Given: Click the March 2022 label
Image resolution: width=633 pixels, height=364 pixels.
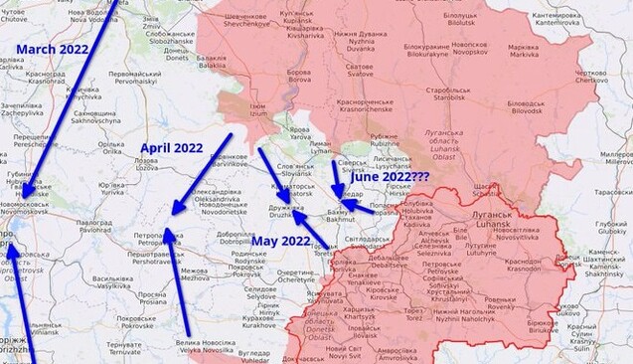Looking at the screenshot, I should click(52, 49).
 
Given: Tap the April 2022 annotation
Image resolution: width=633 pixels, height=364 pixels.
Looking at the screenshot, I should click(171, 148).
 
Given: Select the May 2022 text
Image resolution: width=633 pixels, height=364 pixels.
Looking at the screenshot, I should click(281, 242).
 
